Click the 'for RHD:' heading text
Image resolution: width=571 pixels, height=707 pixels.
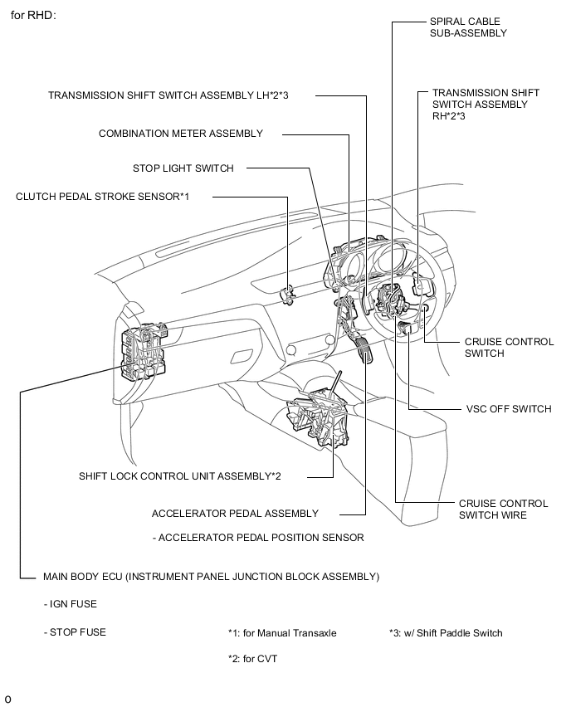pyautogui.click(x=33, y=15)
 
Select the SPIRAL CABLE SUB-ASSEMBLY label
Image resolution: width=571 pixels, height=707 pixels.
pyautogui.click(x=467, y=27)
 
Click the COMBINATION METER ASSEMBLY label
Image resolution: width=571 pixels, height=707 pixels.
pyautogui.click(x=180, y=134)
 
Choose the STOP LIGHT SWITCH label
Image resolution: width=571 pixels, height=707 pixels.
pyautogui.click(x=183, y=168)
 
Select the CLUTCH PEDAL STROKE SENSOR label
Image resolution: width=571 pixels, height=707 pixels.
pyautogui.click(x=103, y=197)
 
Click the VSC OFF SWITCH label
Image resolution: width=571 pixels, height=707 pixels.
pyautogui.click(x=508, y=409)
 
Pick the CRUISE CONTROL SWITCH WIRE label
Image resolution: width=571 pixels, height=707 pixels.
pyautogui.click(x=503, y=510)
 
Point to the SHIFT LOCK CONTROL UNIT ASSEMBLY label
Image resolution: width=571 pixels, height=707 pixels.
pyautogui.click(x=180, y=476)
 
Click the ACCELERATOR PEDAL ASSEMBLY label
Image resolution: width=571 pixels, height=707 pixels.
pyautogui.click(x=235, y=514)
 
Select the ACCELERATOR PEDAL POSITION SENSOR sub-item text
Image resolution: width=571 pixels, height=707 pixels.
pyautogui.click(x=258, y=538)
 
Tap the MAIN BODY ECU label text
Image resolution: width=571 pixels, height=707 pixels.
pyautogui.click(x=211, y=576)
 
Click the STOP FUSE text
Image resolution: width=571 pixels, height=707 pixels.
pyautogui.click(x=75, y=632)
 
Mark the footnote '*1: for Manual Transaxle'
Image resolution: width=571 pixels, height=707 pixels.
pyautogui.click(x=282, y=633)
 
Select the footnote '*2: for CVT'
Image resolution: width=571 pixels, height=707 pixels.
pyautogui.click(x=253, y=659)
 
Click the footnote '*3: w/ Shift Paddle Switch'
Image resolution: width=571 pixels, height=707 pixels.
pyautogui.click(x=446, y=633)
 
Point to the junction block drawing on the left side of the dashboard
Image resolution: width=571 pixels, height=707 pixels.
pyautogui.click(x=143, y=353)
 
